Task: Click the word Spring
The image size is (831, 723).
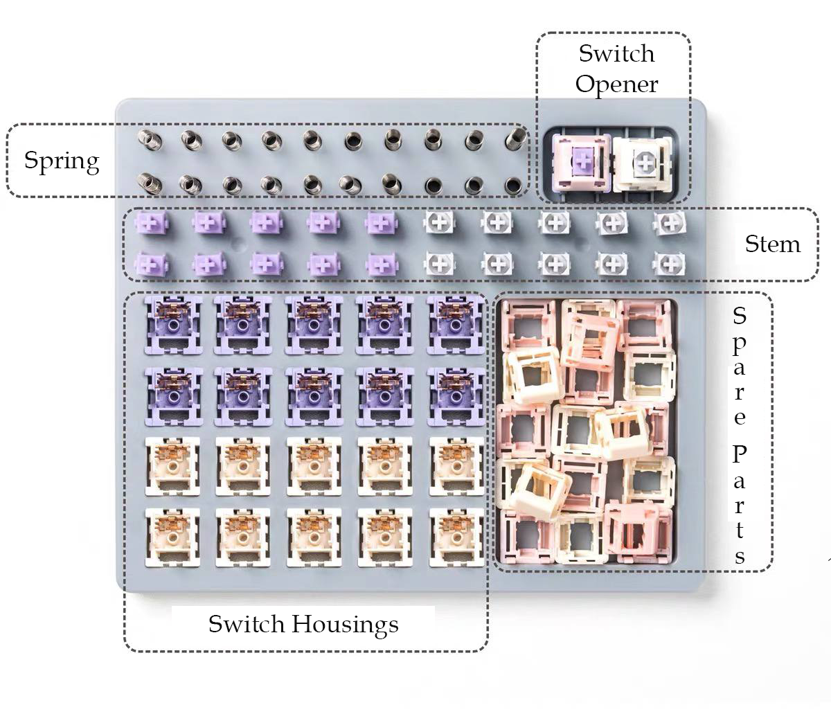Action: (62, 161)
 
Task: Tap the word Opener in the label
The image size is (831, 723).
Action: (616, 84)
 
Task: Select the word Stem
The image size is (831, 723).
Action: (772, 244)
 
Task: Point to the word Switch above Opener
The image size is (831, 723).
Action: (616, 53)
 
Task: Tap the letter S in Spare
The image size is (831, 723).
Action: (740, 316)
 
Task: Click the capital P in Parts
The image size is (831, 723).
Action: (740, 455)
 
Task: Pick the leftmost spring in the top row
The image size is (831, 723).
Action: (148, 138)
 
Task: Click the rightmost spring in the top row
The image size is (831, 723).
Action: (515, 137)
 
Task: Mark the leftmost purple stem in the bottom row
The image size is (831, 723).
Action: (150, 263)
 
